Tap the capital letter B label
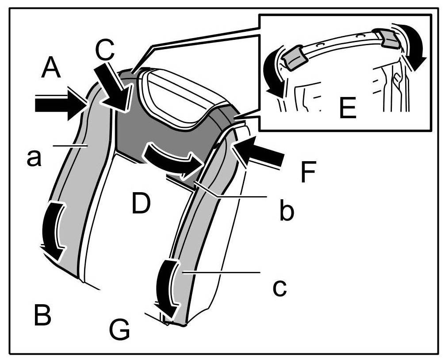(x=42, y=315)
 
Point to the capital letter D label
(x=141, y=204)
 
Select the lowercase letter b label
(x=287, y=212)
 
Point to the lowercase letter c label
(x=279, y=287)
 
